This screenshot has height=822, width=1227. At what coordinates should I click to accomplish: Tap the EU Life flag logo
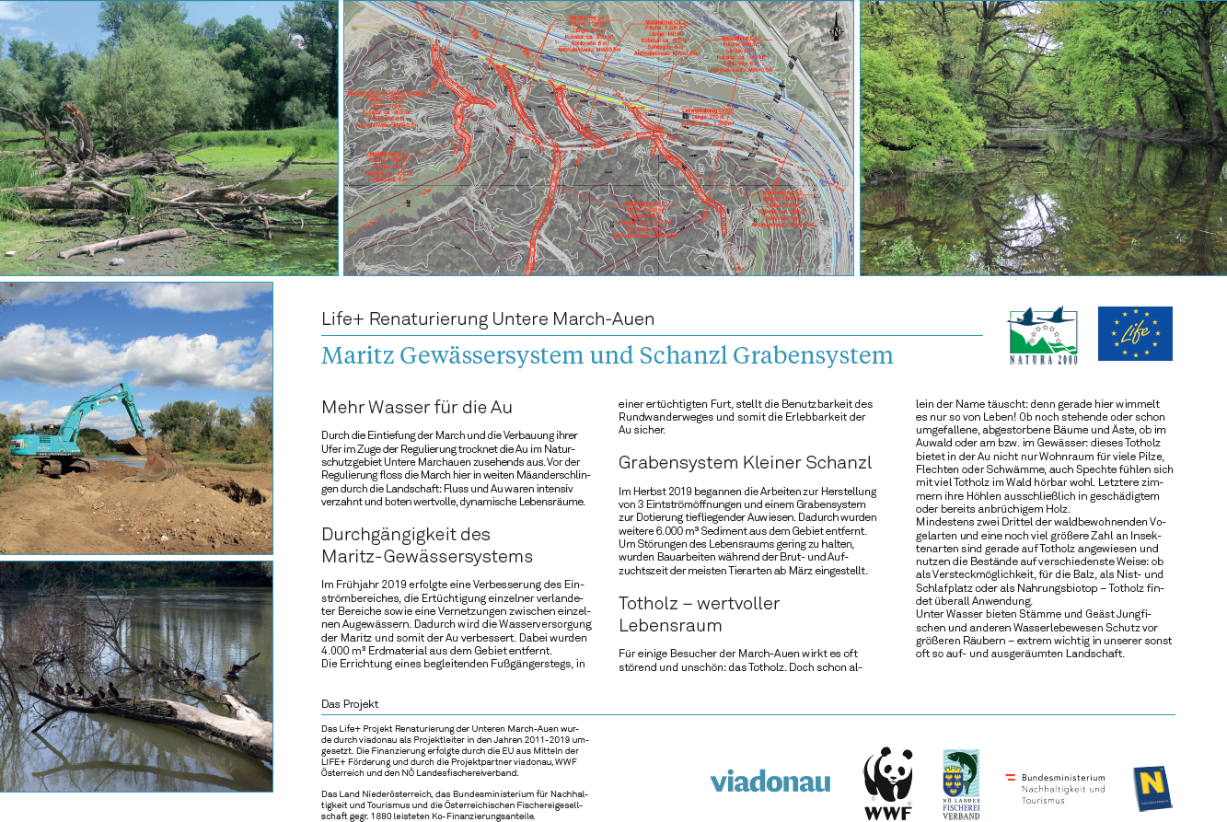coord(1134,333)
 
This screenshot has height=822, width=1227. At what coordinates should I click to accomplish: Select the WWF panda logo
coord(887,783)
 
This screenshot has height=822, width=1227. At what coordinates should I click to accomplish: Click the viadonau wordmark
coord(770,781)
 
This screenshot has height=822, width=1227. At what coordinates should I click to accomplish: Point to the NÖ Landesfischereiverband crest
coord(960,783)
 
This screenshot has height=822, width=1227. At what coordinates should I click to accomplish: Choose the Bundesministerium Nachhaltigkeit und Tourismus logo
coord(1056,788)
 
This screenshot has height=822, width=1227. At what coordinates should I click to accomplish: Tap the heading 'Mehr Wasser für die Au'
coord(416,407)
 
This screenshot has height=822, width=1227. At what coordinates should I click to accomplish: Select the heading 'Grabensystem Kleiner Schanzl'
coord(745,462)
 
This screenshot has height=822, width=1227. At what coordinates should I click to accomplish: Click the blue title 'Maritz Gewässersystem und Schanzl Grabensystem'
coord(607,355)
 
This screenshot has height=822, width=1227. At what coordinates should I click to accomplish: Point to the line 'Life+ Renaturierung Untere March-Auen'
coord(488,319)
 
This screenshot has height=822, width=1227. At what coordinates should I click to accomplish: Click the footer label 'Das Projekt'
coord(350,704)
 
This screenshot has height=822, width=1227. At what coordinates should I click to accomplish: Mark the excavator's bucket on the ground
coord(159,464)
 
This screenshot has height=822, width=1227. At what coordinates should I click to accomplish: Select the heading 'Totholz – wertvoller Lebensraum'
coord(699,614)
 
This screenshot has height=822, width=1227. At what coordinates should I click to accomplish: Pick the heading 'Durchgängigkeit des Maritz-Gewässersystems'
coord(426,545)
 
